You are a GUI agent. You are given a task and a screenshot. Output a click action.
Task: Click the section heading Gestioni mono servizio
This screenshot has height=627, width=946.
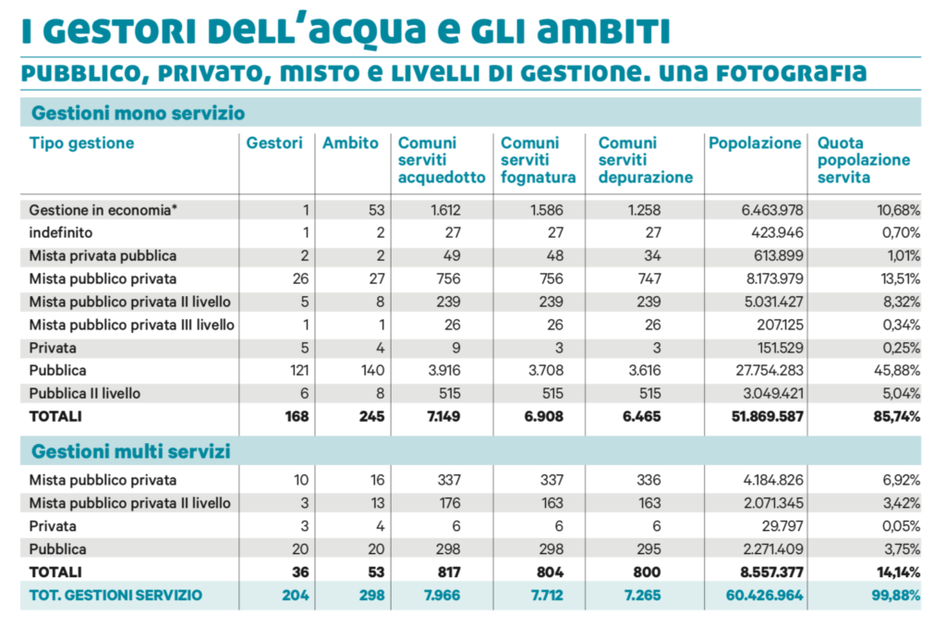click(139, 113)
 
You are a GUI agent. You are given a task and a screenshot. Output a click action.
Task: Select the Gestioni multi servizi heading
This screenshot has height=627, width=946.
click(131, 451)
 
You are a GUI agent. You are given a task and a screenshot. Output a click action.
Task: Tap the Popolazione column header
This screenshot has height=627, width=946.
click(755, 143)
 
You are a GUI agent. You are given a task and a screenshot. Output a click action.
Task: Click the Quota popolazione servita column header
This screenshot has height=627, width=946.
click(864, 160)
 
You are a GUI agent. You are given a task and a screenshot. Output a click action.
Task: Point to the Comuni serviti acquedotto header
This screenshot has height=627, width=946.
click(442, 160)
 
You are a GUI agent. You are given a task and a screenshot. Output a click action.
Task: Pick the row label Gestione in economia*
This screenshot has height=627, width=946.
click(103, 210)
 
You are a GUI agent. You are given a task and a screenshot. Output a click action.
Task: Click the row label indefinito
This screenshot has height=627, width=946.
click(61, 232)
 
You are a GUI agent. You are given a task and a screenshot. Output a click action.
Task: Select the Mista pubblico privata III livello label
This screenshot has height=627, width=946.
click(131, 325)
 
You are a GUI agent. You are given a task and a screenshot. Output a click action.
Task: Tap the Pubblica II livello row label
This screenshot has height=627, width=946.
click(84, 393)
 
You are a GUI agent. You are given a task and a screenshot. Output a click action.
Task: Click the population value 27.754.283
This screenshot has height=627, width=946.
click(770, 370)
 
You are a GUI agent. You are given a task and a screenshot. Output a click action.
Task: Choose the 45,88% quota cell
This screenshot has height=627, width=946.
click(897, 370)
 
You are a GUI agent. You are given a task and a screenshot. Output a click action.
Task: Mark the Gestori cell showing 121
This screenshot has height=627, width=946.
click(299, 370)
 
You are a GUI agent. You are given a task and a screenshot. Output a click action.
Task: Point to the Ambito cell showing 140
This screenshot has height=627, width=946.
click(373, 370)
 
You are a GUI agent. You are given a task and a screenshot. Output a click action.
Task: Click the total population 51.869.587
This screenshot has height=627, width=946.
click(768, 416)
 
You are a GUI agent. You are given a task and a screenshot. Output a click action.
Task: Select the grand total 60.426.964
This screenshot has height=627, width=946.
click(764, 595)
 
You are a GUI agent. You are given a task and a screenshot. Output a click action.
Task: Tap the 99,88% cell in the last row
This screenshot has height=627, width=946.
click(896, 595)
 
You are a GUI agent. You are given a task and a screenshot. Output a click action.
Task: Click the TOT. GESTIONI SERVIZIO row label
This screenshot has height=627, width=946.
click(115, 595)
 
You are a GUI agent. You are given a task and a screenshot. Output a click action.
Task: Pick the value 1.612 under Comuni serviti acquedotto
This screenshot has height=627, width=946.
click(445, 210)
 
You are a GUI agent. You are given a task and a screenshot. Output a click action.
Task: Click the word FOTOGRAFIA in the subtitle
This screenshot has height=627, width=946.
click(792, 74)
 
